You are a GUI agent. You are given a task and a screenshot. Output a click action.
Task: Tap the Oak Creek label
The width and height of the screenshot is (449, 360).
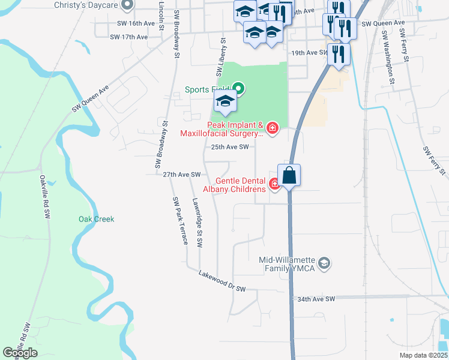[96, 219]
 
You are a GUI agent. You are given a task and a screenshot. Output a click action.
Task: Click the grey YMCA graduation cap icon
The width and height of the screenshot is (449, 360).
[324, 263]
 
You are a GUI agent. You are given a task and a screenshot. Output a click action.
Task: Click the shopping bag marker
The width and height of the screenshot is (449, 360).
[289, 175]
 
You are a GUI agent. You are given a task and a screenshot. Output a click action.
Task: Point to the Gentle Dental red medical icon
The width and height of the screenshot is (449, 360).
[275, 184]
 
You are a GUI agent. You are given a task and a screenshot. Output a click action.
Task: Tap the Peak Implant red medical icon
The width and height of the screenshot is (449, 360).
[273, 128]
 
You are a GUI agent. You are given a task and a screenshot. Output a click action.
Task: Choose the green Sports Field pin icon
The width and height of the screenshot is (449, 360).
[238, 90]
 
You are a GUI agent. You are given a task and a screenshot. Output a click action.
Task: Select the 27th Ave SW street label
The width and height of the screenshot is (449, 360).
[181, 175]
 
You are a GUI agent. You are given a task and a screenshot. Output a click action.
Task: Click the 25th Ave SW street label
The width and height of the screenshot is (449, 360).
[229, 147]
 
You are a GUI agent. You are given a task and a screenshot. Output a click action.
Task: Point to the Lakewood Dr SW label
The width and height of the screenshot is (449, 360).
[223, 281]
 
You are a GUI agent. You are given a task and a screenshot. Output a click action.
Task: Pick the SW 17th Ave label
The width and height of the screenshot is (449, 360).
[128, 37]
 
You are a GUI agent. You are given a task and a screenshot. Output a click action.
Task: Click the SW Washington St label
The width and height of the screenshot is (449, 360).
[388, 58]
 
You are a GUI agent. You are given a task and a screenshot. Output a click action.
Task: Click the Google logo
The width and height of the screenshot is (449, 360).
[20, 353]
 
